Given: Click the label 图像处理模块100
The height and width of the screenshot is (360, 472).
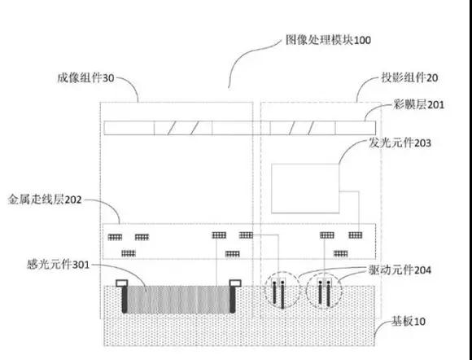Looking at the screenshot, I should click(x=329, y=39).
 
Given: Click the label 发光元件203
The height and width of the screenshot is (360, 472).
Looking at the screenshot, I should click(x=400, y=143).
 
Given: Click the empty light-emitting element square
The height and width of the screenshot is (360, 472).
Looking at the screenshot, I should click(x=304, y=189).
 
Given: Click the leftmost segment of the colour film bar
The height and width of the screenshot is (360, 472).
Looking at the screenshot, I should click(x=129, y=129).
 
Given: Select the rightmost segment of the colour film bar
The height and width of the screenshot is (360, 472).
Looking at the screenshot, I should click(x=355, y=129).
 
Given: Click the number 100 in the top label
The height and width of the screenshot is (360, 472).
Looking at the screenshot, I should click(x=362, y=39).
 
